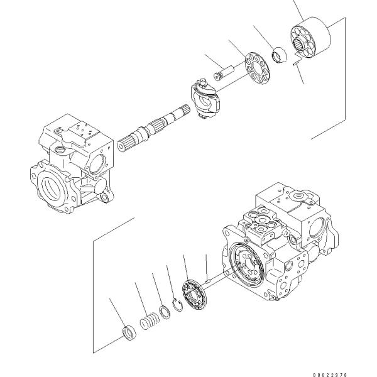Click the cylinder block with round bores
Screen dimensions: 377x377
click(x=310, y=38)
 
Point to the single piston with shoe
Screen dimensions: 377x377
click(x=224, y=73)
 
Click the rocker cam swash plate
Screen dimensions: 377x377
click(x=205, y=99)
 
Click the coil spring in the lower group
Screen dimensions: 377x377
click(x=150, y=321)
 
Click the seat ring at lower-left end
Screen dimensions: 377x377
click(x=129, y=333)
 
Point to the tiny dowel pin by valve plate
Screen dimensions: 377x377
click(x=208, y=280)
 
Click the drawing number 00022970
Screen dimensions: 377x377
click(x=330, y=374)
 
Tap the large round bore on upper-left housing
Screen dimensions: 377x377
click(x=52, y=187)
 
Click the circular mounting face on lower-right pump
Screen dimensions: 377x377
click(x=246, y=265)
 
